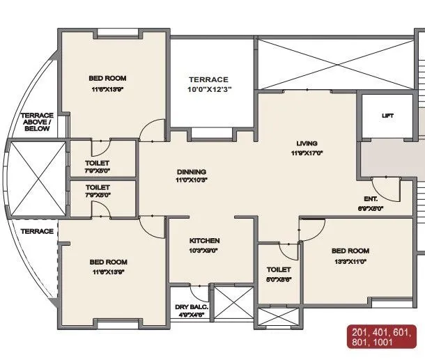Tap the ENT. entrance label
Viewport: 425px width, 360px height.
tap(371, 198)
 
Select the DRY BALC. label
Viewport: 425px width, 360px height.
tap(188, 306)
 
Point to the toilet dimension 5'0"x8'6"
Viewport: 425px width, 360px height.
tap(279, 279)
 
